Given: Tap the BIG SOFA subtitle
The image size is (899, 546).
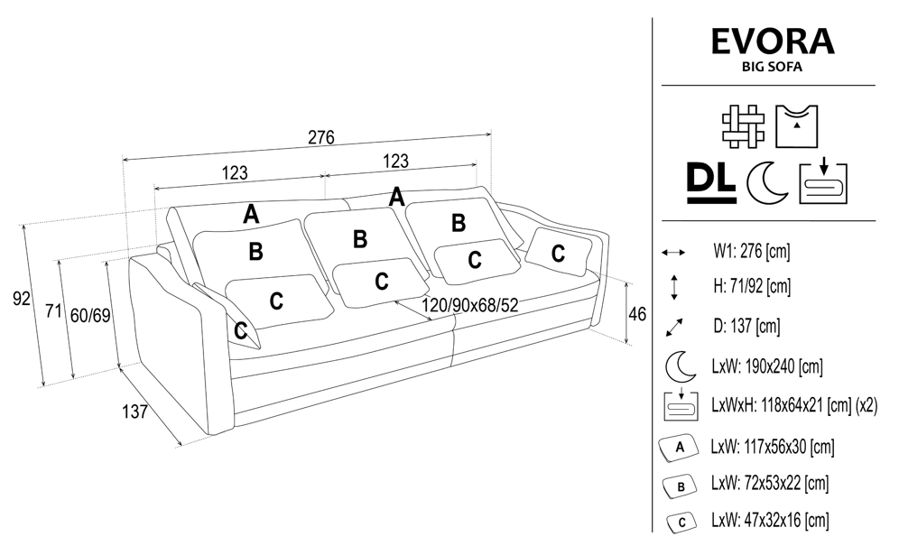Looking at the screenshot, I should click(x=772, y=66).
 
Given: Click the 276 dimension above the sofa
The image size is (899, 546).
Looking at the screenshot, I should click(x=321, y=138).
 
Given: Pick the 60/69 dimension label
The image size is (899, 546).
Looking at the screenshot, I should click(x=90, y=315).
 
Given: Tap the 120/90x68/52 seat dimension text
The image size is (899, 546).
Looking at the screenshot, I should click(x=475, y=306).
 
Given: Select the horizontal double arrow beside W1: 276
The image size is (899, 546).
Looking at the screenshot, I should click(x=675, y=253).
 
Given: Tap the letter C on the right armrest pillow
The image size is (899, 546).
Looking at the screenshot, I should click(x=558, y=252).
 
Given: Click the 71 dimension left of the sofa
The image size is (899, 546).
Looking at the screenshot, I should click(x=53, y=312).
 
